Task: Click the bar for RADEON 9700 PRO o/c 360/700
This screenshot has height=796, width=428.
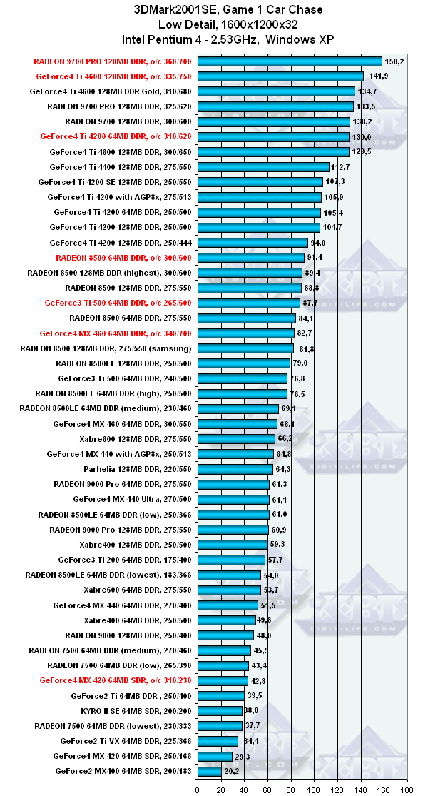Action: pyautogui.click(x=290, y=61)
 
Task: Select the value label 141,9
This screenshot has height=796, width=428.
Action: pyautogui.click(x=378, y=76)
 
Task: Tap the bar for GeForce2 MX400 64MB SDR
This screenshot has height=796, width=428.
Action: pyautogui.click(x=209, y=771)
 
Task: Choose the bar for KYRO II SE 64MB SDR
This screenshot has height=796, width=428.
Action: pyautogui.click(x=220, y=711)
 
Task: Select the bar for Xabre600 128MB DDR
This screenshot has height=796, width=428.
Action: pyautogui.click(x=236, y=438)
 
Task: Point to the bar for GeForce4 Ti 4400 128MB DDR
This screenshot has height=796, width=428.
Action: pyautogui.click(x=263, y=167)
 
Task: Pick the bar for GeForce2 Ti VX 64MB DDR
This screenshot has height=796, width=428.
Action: pyautogui.click(x=218, y=741)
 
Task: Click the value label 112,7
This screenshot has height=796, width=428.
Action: pyautogui.click(x=340, y=167)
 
